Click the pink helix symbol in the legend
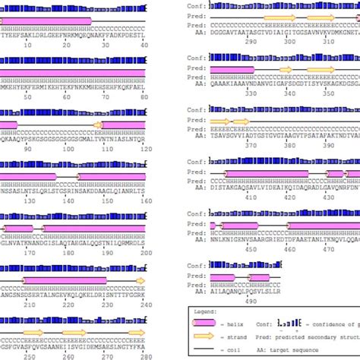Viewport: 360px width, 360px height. point(205,324)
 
